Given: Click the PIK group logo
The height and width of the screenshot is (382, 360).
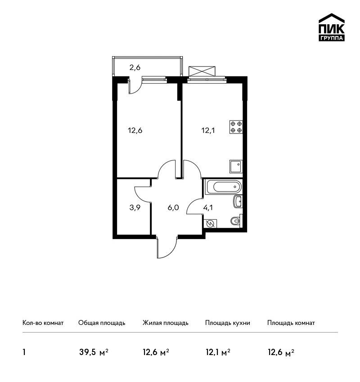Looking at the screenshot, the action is coord(332,27).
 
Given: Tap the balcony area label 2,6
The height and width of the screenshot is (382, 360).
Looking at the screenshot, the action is coord(135,67).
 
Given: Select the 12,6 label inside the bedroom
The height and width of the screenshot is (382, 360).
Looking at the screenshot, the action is coord(135,131).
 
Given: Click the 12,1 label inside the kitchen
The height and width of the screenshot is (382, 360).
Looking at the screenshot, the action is coord(208,131).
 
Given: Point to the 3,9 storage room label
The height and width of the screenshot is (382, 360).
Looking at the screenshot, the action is coord(135,208).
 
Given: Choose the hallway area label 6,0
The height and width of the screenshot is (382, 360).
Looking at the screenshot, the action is coord(173,208).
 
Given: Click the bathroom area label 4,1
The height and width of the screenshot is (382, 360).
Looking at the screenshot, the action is coord(208,208).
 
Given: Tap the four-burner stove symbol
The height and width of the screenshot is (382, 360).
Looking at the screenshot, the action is coord(236,127).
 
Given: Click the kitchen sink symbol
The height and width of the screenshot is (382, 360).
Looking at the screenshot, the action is coord(236,167).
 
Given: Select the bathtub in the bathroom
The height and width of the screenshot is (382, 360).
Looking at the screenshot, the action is coord(223,187).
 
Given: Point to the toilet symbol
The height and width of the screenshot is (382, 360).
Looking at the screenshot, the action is coord(236,220).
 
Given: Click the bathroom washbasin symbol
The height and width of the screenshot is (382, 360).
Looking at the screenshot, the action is coord(238,201).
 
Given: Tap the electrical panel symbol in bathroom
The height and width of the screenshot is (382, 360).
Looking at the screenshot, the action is coord(210,223).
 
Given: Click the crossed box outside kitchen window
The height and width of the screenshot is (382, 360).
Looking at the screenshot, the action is coord(202,71).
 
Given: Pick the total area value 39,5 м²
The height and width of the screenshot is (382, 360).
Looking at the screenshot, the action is coord(94,352).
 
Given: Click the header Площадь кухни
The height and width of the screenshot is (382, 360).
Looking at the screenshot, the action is coord(228,323).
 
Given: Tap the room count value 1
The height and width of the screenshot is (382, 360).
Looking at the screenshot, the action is coord(24,352).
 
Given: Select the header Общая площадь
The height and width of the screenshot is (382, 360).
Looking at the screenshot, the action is coord(102,323).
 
